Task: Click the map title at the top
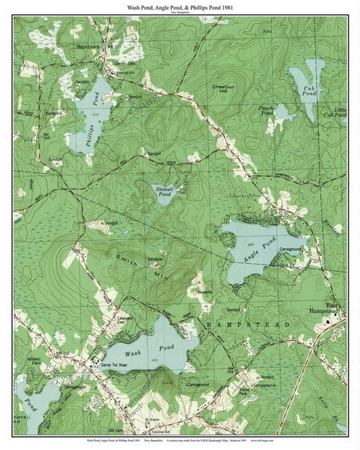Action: [180, 7]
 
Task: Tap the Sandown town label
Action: [88, 47]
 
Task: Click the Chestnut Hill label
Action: [223, 89]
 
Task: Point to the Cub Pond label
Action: [309, 91]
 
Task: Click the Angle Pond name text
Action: [260, 250]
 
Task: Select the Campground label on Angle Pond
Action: [290, 249]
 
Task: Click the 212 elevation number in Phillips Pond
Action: [97, 115]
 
